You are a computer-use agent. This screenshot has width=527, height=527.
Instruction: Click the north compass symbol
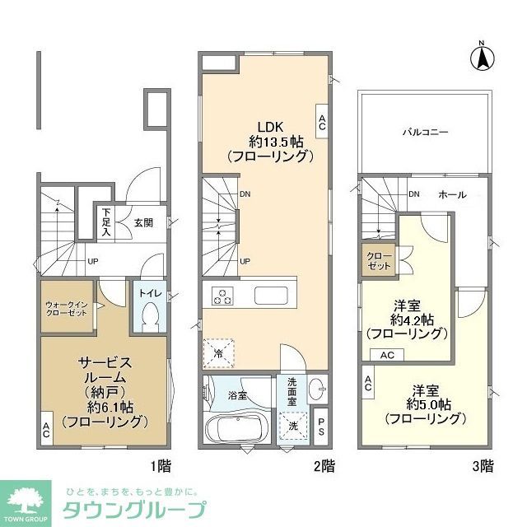click(481, 58)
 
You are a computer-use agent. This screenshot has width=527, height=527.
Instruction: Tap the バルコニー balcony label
click(425, 131)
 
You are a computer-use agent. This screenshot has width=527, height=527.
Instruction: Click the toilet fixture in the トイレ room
click(150, 315)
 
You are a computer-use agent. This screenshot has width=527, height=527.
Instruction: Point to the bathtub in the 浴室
click(235, 428)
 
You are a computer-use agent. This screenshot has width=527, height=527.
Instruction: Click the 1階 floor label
click(161, 467)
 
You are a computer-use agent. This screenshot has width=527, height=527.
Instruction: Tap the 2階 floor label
click(324, 467)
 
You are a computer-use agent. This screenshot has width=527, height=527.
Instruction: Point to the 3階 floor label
click(483, 467)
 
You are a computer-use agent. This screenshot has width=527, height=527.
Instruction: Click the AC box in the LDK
click(322, 123)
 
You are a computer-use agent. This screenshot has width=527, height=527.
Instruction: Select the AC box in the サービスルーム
click(46, 429)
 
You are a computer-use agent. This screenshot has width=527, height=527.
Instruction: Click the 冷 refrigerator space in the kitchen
click(219, 352)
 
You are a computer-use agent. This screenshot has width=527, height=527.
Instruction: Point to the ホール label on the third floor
click(452, 195)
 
